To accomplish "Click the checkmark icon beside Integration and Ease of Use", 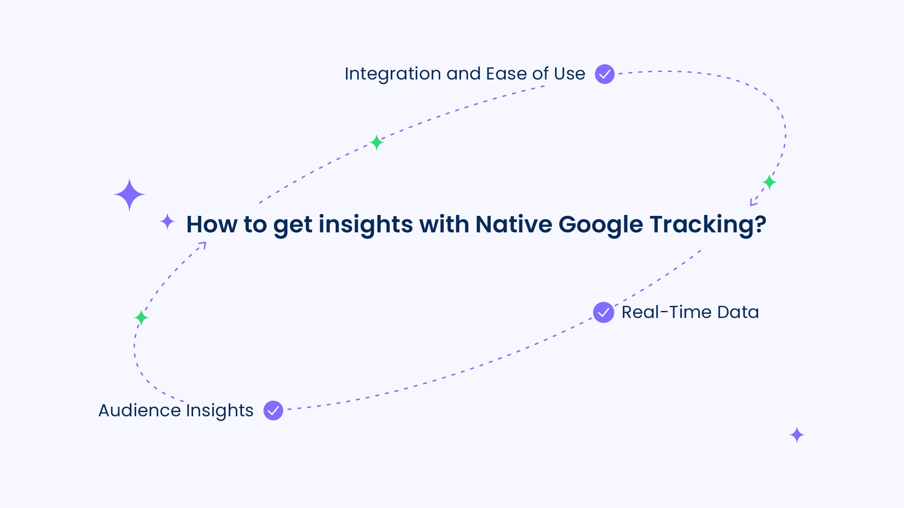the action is coord(605,74).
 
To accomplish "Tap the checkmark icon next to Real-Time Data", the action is coord(603,312).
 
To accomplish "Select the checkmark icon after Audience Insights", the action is coord(273,410).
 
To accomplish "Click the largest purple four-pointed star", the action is coord(129,195).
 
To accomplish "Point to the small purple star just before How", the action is coord(167,222).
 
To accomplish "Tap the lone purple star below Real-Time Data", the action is coord(797,435).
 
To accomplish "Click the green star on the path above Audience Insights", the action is coord(141,318).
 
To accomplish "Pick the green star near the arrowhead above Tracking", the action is coord(769,182).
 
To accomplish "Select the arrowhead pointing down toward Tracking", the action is coord(753,203).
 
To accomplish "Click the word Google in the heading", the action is coord(601,225).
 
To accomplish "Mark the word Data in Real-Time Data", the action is coord(738,312).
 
